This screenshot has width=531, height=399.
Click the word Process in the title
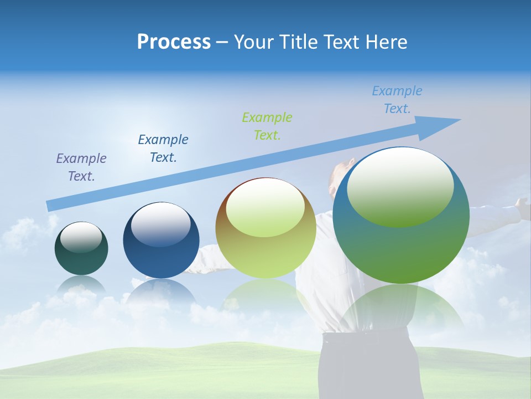[174, 42]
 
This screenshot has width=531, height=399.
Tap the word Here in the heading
[385, 42]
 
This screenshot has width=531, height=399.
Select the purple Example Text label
[81, 167]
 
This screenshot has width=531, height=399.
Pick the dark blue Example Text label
[163, 148]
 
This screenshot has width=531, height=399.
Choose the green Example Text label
[267, 126]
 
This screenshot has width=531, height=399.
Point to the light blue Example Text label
[397, 100]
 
